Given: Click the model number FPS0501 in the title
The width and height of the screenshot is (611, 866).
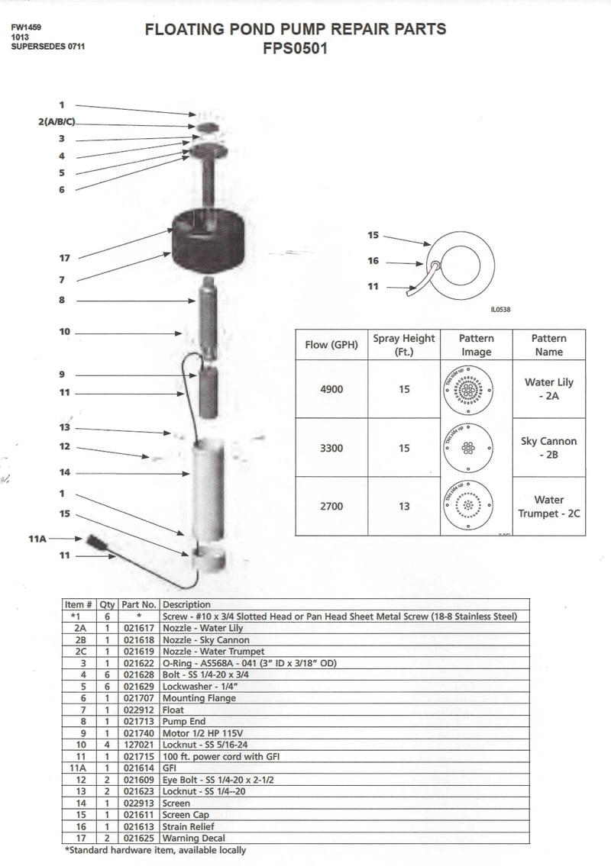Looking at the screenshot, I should click(296, 48).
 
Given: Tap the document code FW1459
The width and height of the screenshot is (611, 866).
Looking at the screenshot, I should click(27, 27).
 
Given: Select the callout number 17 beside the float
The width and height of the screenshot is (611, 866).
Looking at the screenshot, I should click(65, 258).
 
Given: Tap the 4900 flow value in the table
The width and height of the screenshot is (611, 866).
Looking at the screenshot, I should click(331, 389).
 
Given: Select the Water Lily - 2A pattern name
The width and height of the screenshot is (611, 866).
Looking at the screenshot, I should click(548, 389).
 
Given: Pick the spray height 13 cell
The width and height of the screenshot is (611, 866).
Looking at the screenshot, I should click(404, 506).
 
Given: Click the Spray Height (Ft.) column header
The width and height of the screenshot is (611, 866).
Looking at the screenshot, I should click(404, 345).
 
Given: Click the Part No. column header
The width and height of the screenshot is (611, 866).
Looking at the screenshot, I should click(138, 604).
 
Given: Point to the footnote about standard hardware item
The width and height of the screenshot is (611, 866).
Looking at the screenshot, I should click(155, 850).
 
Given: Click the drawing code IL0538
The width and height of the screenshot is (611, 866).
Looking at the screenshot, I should click(500, 310).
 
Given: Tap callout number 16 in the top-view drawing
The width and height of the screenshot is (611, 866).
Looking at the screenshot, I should click(373, 261).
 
